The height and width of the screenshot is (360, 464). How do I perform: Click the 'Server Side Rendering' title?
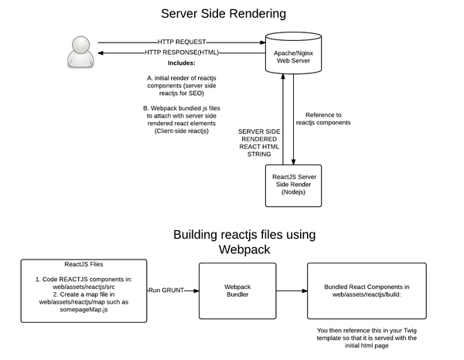pyautogui.click(x=223, y=14)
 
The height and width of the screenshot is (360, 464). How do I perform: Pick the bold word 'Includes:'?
pyautogui.click(x=182, y=63)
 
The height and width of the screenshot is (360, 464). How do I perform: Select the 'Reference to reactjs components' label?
pyautogui.click(x=323, y=117)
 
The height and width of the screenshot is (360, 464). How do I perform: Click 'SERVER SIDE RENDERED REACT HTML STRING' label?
pyautogui.click(x=260, y=143)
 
